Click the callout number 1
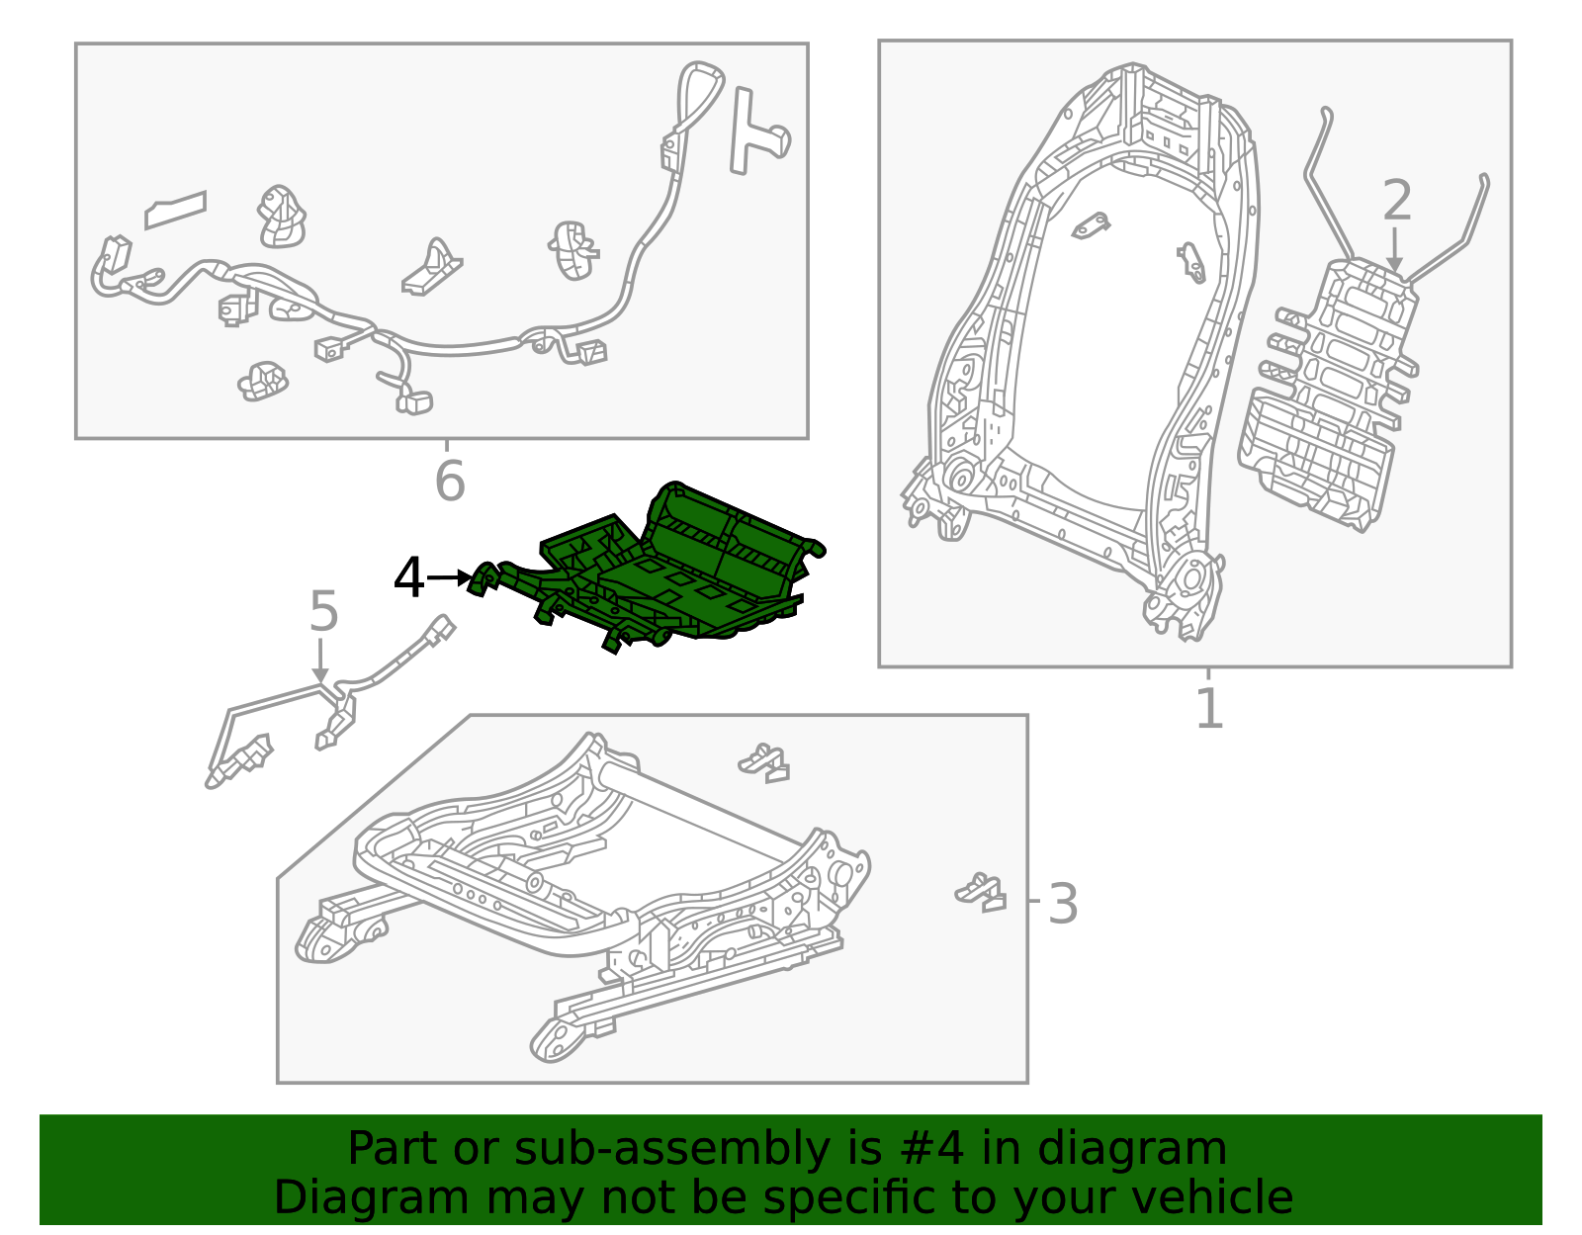click(x=1209, y=707)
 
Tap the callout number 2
click(x=1396, y=200)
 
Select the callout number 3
click(x=1062, y=904)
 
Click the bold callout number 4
click(x=408, y=577)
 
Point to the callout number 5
click(x=324, y=611)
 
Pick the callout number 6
click(x=450, y=481)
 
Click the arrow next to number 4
click(x=450, y=577)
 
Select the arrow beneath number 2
click(x=1394, y=250)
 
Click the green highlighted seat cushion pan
click(x=669, y=574)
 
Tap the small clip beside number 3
click(x=981, y=892)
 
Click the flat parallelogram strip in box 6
click(x=175, y=210)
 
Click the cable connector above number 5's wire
click(x=443, y=629)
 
